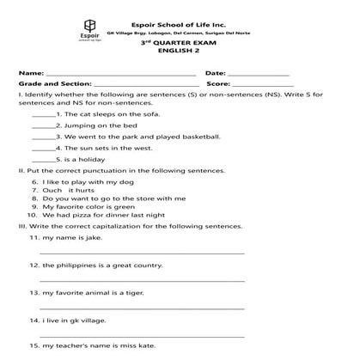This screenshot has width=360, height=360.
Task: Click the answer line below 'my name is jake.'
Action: (142, 253)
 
